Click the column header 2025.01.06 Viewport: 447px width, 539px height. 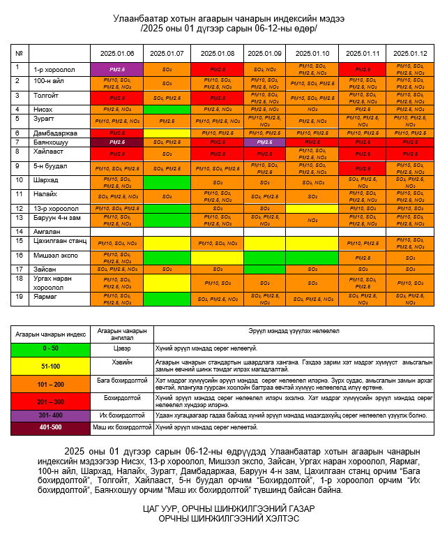coord(117,53)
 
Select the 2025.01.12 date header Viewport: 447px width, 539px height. coord(410,53)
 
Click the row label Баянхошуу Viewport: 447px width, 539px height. coord(50,142)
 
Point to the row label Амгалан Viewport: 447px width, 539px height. coord(47,231)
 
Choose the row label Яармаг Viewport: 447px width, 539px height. coord(46,295)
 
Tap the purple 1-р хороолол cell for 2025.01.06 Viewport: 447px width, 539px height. coord(117,70)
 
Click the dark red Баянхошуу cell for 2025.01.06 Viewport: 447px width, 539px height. coord(117,142)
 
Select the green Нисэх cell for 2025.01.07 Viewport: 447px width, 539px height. coord(167,110)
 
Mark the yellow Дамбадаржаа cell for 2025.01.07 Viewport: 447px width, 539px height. coord(167,133)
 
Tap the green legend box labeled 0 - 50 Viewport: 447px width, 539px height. coord(50,348)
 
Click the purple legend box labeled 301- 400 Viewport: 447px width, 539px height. coord(50,415)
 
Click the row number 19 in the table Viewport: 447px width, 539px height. coord(19,295)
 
